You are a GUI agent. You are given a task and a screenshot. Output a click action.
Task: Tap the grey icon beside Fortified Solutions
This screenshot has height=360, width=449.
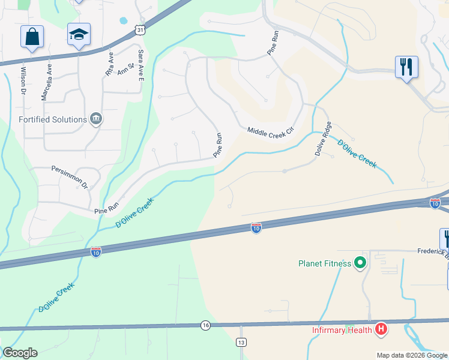[95, 119]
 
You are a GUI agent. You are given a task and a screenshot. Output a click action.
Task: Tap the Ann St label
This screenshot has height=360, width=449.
[125, 70]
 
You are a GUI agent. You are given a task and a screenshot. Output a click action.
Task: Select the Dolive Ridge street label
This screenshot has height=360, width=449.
[323, 139]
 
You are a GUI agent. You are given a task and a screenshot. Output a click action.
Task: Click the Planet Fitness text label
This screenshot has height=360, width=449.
[325, 263]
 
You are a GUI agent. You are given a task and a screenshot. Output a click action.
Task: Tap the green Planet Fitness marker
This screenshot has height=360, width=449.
[360, 263]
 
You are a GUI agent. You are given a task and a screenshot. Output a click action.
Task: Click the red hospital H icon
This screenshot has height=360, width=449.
[380, 329]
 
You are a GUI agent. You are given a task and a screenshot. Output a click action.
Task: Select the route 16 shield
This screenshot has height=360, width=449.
[206, 325]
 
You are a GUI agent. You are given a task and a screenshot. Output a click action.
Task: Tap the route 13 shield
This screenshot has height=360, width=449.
[241, 342]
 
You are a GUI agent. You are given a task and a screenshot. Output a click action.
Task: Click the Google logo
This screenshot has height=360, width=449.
[20, 353]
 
